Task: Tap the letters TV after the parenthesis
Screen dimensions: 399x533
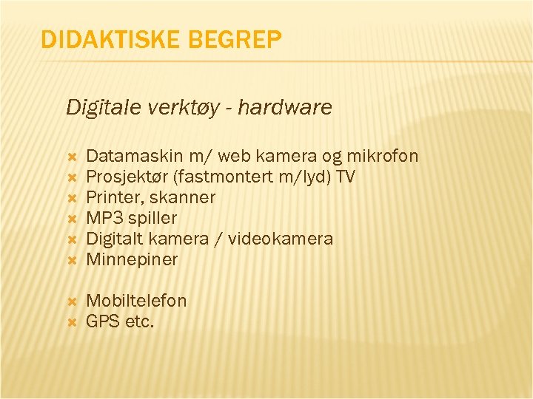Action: point(345,177)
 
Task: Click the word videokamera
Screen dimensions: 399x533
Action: point(281,239)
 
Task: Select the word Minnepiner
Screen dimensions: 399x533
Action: point(133,259)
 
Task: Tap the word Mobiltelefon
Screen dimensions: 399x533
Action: point(137,301)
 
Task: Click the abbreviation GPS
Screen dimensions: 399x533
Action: point(101,321)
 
